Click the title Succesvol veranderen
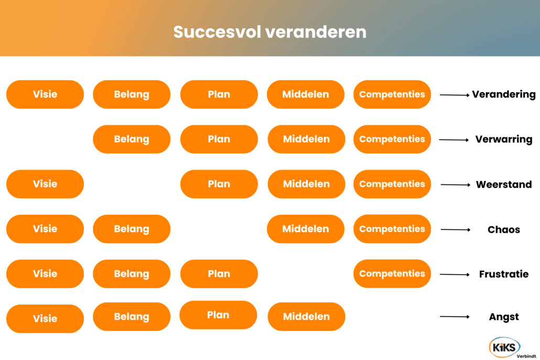[x=269, y=31]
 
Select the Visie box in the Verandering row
[x=45, y=94]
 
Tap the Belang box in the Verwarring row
[x=132, y=139]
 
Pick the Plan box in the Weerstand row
[x=219, y=184]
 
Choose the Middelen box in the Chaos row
[x=306, y=229]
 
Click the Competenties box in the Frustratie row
[x=392, y=274]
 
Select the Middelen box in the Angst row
[x=307, y=317]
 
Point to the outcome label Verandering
[x=504, y=95]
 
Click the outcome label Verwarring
[x=504, y=139]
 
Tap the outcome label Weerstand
[x=504, y=184]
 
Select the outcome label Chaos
[x=504, y=230]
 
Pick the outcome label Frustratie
[x=504, y=274]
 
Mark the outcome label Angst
[x=504, y=317]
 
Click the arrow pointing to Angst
[x=455, y=317]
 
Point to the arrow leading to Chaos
[x=455, y=230]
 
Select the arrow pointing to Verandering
[x=455, y=95]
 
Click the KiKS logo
[x=504, y=347]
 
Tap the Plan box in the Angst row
[x=218, y=315]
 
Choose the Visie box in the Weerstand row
[x=45, y=184]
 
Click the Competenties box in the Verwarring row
[x=392, y=139]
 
